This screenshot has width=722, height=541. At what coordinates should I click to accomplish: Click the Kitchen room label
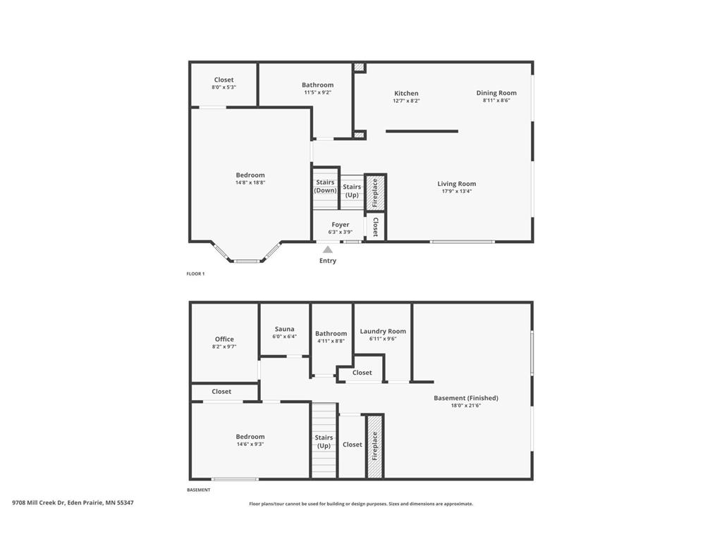[x=405, y=93]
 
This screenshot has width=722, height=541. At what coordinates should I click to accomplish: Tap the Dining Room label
[x=496, y=92]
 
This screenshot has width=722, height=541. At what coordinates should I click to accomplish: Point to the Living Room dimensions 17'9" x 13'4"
[x=456, y=191]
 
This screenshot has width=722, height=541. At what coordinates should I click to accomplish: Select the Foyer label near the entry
[x=341, y=225]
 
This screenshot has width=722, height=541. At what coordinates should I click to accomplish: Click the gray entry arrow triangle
[x=328, y=249]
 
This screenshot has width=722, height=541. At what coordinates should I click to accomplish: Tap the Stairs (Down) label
[x=325, y=186]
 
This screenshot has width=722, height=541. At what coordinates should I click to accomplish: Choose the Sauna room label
[x=284, y=329]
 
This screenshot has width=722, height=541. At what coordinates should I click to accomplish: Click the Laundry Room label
[x=383, y=331]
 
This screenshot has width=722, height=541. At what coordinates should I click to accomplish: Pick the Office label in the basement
[x=224, y=339]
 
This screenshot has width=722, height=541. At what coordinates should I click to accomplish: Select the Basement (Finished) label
[x=465, y=398]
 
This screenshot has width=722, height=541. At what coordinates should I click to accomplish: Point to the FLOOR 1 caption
[x=195, y=273]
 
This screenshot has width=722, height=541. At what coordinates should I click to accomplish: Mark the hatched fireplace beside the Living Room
[x=375, y=192]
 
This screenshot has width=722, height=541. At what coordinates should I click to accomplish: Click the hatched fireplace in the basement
[x=375, y=446]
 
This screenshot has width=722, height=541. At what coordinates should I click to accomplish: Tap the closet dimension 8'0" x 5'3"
[x=224, y=87]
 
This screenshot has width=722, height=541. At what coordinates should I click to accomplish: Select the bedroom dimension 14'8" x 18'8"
[x=250, y=182]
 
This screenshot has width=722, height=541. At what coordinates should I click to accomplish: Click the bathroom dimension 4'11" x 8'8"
[x=331, y=341]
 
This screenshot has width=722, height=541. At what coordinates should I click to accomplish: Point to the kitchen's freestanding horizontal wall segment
[x=422, y=131]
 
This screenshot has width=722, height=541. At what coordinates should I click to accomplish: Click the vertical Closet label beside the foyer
[x=376, y=226]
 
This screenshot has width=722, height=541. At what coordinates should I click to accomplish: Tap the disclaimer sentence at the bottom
[x=361, y=504]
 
